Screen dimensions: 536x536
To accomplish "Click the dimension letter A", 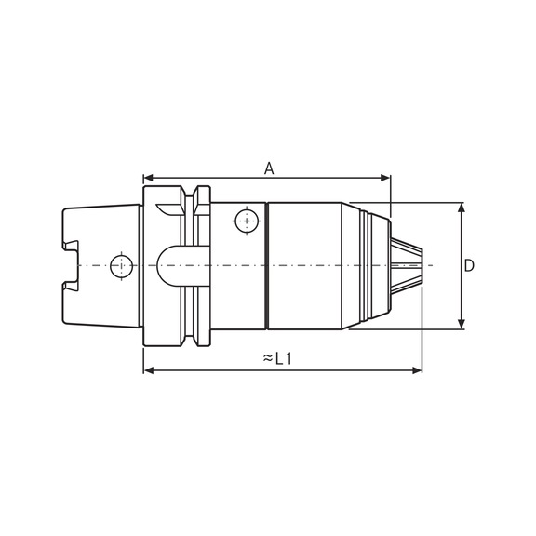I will pyautogui.click(x=269, y=168).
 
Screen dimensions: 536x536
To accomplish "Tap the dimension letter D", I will pyautogui.click(x=469, y=265).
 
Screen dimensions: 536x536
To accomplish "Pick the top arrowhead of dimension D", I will pyautogui.click(x=462, y=208).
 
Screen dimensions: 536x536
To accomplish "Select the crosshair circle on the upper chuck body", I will pyautogui.click(x=246, y=221).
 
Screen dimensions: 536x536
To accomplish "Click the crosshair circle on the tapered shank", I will pyautogui.click(x=120, y=266).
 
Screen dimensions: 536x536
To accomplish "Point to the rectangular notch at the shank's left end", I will pyautogui.click(x=71, y=265).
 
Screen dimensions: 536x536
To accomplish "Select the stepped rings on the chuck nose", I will pyautogui.click(x=376, y=265).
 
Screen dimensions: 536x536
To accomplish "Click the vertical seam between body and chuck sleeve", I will pyautogui.click(x=266, y=265).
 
